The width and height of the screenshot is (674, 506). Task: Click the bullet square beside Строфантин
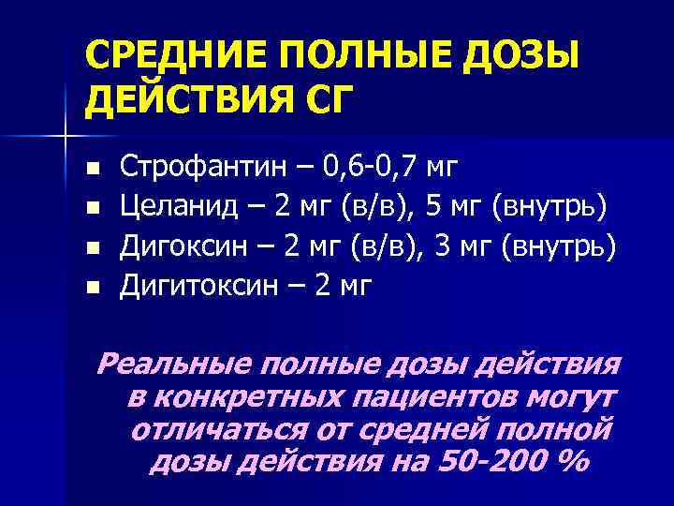(x=91, y=170)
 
